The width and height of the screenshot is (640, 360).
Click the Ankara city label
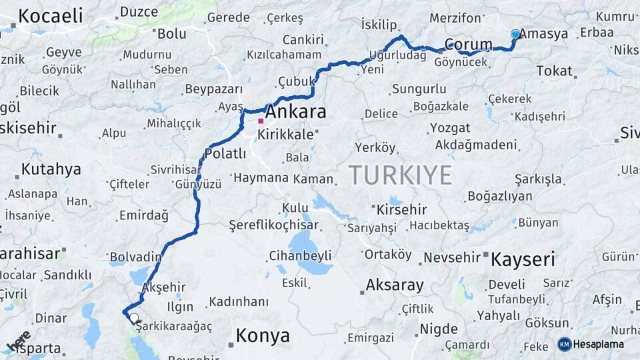tap(296, 112)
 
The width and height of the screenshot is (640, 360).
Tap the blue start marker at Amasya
tap(515, 34)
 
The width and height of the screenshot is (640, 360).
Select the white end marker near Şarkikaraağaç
tap(134, 318)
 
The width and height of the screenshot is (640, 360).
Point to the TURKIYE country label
tap(400, 175)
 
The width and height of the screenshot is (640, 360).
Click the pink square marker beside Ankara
tap(261, 121)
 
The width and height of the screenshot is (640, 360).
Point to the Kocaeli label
tap(50, 15)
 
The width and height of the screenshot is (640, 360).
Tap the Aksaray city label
tap(394, 286)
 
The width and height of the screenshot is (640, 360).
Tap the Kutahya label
tap(51, 169)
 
